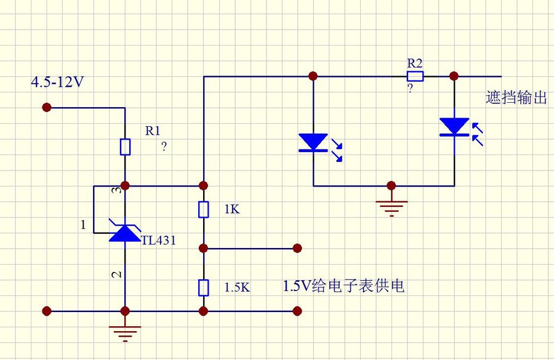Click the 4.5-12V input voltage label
(58, 82)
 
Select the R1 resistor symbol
(125, 147)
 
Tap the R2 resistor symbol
(415, 76)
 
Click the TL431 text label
(159, 240)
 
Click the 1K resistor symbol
(204, 209)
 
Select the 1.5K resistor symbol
(204, 287)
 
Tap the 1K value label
(232, 209)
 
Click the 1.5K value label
(238, 287)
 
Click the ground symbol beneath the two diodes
(391, 209)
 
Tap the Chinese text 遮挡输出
(516, 97)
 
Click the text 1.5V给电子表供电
(343, 286)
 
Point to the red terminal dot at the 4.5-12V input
(47, 108)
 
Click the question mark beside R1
(164, 146)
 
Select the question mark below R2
(410, 87)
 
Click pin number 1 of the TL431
(83, 225)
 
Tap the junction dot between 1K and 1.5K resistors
(203, 249)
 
